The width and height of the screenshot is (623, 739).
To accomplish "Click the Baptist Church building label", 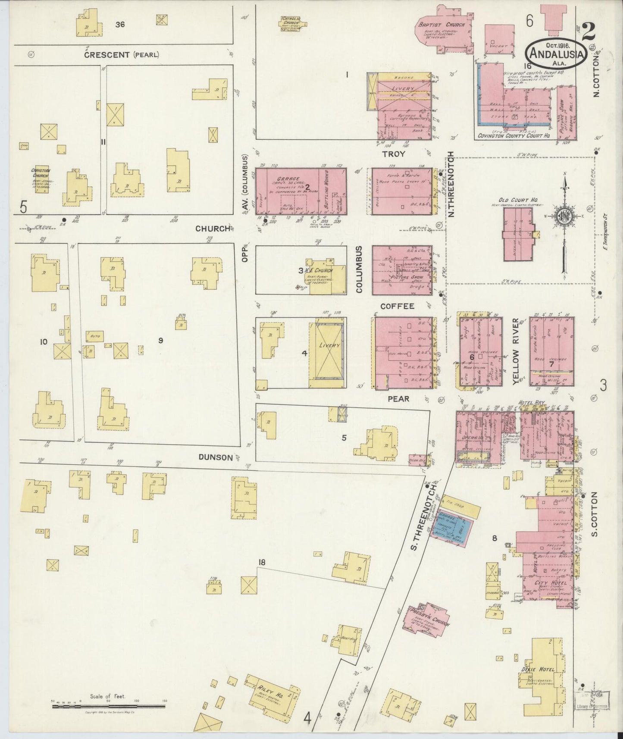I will click(x=440, y=25).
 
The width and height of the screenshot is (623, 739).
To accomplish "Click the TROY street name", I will click(x=394, y=154).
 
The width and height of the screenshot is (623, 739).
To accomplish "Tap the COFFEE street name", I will click(x=397, y=306).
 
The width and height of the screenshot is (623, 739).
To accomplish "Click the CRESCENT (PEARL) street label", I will click(x=122, y=55).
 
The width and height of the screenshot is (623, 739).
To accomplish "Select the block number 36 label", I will click(x=120, y=25).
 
